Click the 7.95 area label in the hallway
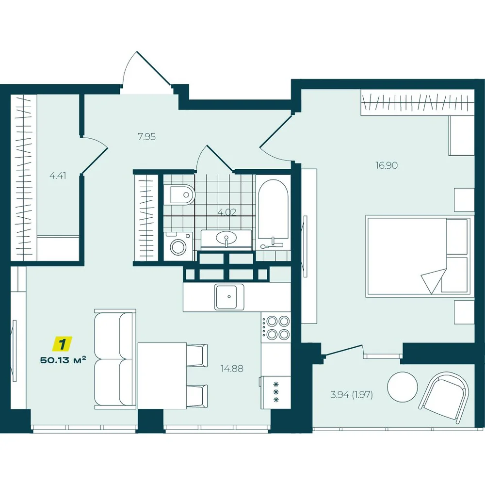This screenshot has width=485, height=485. pyautogui.click(x=146, y=136)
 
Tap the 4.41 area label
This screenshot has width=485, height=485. pyautogui.click(x=58, y=176)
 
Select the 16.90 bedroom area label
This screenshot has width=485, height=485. pyautogui.click(x=387, y=165)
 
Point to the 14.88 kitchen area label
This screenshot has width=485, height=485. pyautogui.click(x=232, y=369)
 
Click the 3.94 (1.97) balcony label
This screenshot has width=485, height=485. pyautogui.click(x=352, y=395)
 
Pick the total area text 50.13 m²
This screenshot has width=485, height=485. pyautogui.click(x=63, y=360)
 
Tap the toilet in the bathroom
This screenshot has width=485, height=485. pyautogui.click(x=179, y=195)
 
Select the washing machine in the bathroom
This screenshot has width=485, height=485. pyautogui.click(x=178, y=246)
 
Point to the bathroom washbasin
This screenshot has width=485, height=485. pyautogui.click(x=226, y=238)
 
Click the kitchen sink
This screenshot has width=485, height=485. pyautogui.click(x=229, y=297)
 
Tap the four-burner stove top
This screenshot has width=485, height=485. pyautogui.click(x=276, y=327)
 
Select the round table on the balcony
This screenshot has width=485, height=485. pyautogui.click(x=403, y=387)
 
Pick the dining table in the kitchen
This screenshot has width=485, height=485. pyautogui.click(x=162, y=375)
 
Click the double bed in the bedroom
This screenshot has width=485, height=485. pyautogui.click(x=418, y=257)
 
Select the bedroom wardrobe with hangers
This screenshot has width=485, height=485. pyautogui.click(x=417, y=102)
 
